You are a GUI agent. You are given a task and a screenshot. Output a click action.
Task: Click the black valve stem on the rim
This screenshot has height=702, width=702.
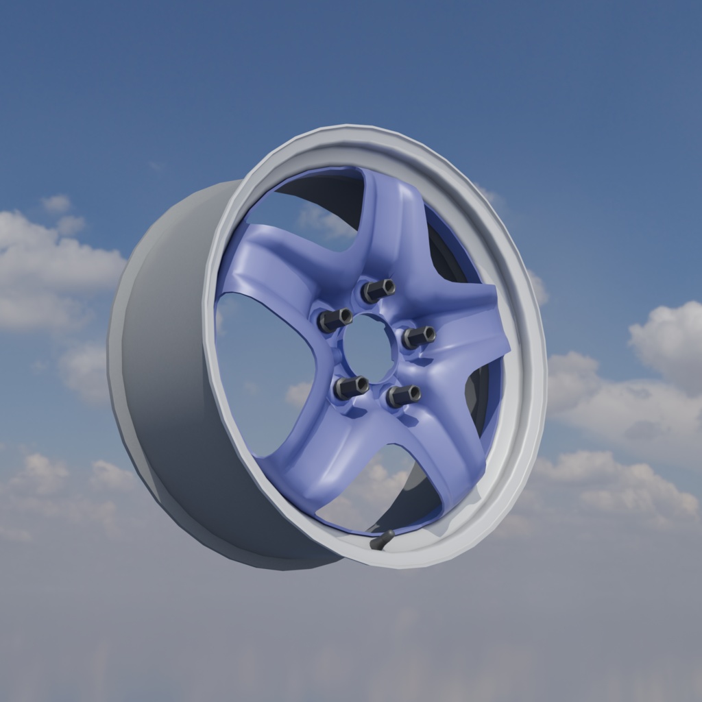coord(382,540)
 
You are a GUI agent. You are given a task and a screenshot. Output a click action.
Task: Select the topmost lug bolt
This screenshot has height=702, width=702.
coord(377,290)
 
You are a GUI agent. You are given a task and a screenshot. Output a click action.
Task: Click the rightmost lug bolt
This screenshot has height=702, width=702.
coord(418,337)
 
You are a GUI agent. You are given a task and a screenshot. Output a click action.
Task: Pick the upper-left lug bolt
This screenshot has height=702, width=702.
coord(335,319)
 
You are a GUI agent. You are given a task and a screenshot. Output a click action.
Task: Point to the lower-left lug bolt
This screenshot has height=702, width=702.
coord(350,387)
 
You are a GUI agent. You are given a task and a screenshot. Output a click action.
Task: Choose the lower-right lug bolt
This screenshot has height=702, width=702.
coord(403,396)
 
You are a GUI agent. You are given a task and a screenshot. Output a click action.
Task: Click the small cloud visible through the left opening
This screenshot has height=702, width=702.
coord(299,394)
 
